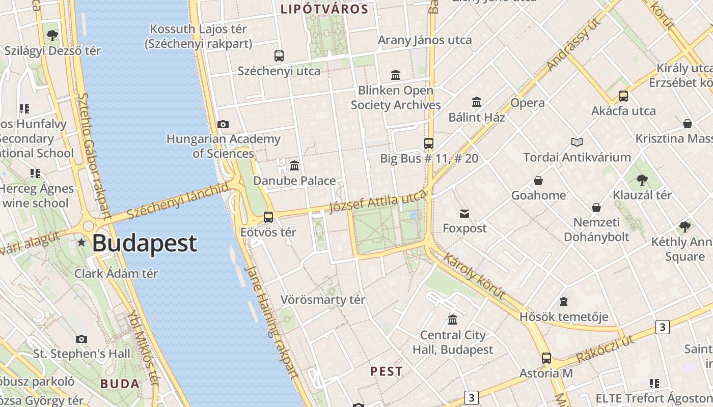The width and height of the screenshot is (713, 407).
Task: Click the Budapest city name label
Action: click(x=145, y=243)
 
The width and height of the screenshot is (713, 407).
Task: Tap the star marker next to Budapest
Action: click(x=81, y=243)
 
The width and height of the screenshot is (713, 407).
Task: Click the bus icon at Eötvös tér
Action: click(x=268, y=217)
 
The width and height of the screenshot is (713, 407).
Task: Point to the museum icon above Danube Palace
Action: click(x=294, y=165)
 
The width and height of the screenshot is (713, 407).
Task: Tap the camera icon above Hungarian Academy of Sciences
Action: click(x=223, y=124)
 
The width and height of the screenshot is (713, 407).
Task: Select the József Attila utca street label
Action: click(x=377, y=202)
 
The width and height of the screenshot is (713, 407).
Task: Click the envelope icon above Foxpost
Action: click(x=464, y=213)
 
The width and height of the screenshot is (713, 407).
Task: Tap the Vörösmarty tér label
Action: click(x=323, y=300)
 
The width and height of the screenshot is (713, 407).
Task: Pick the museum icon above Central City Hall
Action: click(x=452, y=320)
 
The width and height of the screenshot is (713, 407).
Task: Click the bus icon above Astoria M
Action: click(x=546, y=358)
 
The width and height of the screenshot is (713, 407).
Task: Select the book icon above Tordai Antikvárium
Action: click(x=577, y=142)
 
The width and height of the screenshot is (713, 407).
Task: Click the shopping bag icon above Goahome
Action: click(x=538, y=181)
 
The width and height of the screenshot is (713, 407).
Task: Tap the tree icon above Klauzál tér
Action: click(x=642, y=180)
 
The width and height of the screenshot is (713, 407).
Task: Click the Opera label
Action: click(x=528, y=103)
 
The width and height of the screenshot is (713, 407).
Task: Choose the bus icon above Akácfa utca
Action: click(x=623, y=96)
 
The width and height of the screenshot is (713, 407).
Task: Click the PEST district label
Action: click(x=387, y=371)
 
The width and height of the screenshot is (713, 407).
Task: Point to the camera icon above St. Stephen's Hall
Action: click(x=81, y=339)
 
